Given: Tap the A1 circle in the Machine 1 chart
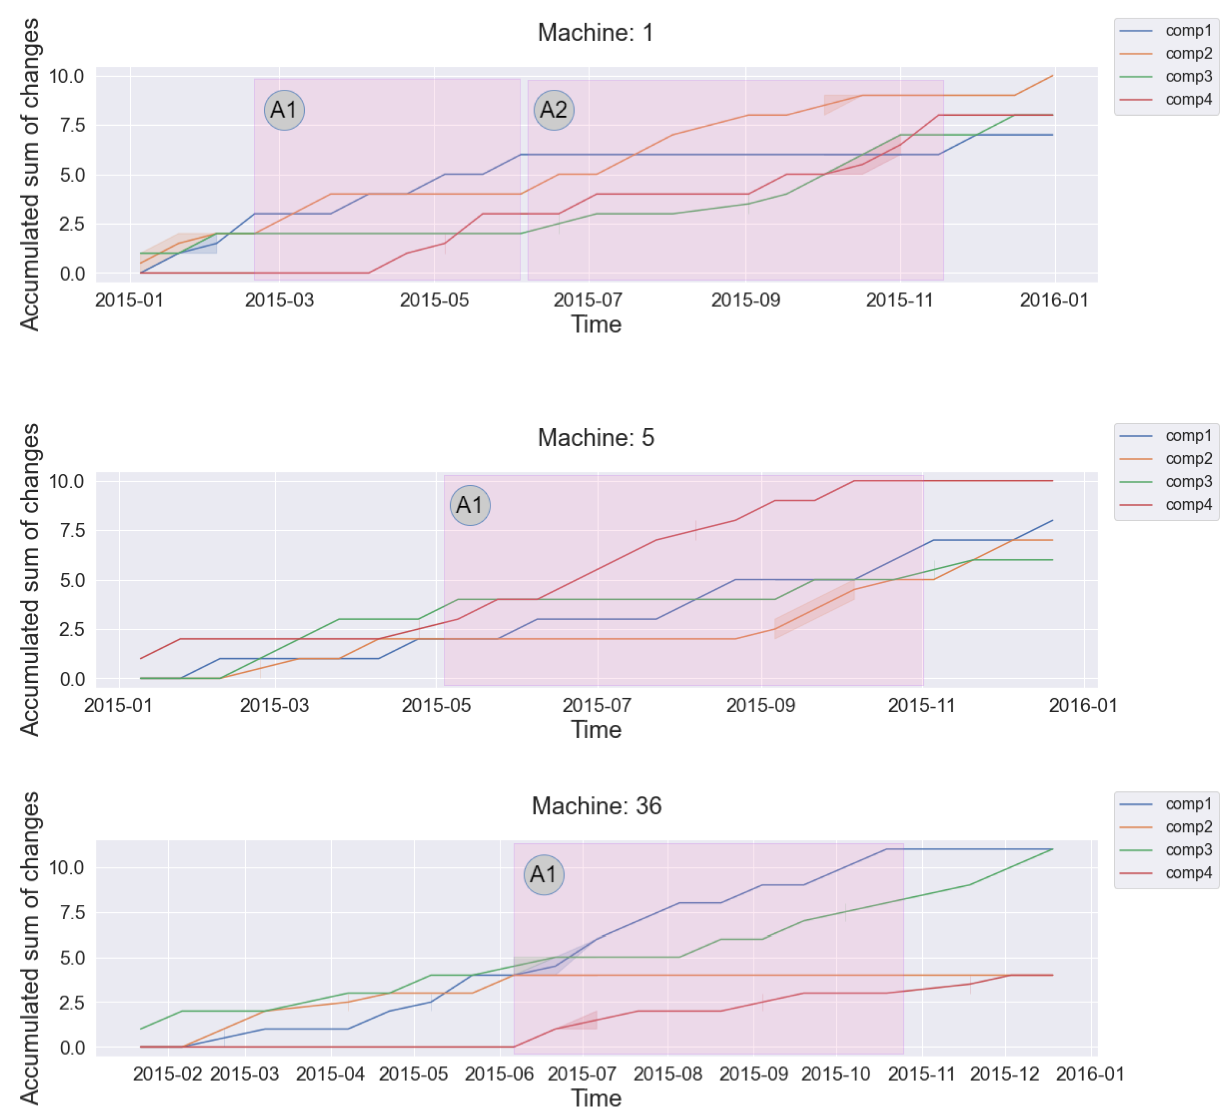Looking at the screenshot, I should (284, 110).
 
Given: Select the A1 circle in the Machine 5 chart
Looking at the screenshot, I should (470, 505).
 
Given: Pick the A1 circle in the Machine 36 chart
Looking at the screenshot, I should (543, 874).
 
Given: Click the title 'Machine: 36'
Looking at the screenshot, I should (596, 806).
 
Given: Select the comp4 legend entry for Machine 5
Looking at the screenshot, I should (1188, 505).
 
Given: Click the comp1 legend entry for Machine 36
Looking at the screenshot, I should (1188, 804).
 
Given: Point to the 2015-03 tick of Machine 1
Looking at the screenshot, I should (279, 300).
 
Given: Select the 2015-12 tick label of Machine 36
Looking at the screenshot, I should (1005, 1074).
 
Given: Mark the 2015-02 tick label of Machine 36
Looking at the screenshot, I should (167, 1074).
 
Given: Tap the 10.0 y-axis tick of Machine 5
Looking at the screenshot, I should (66, 481).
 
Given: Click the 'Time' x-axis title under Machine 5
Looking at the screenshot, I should (596, 730).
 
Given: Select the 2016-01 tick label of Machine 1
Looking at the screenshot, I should (1054, 300).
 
